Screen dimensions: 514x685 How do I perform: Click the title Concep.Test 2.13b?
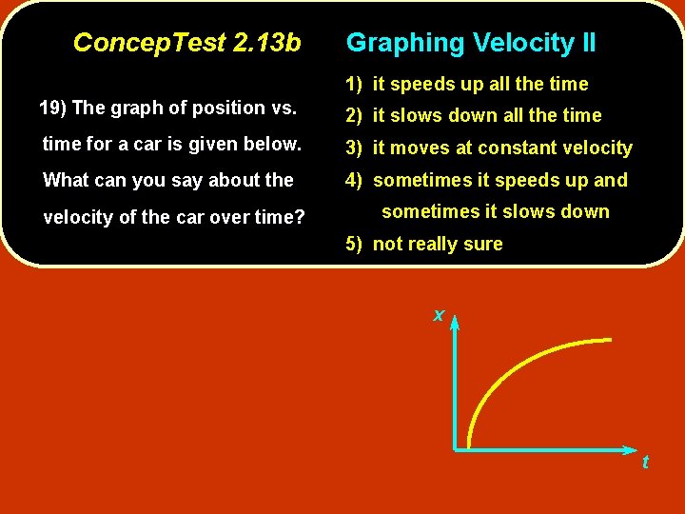click(x=186, y=43)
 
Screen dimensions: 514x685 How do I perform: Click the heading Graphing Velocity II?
click(x=471, y=43)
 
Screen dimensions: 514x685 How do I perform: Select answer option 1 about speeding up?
click(x=467, y=84)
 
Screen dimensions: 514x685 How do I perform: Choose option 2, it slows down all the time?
click(x=474, y=115)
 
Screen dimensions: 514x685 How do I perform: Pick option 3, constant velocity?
click(x=489, y=148)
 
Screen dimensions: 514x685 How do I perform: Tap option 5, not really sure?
click(x=424, y=244)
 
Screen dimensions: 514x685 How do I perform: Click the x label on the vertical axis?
click(x=439, y=315)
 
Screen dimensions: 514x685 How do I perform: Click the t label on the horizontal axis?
click(x=645, y=463)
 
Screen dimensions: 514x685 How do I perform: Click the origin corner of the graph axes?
click(x=456, y=447)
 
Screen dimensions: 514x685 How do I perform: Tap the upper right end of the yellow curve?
click(x=609, y=340)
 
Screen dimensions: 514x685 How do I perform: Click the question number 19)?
click(x=52, y=108)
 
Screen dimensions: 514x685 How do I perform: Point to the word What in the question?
click(x=67, y=180)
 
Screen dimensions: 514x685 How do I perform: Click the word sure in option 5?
click(x=483, y=244)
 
